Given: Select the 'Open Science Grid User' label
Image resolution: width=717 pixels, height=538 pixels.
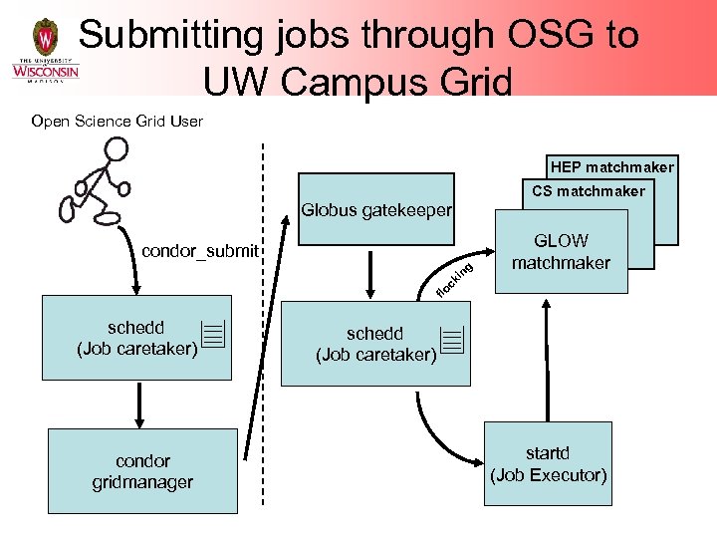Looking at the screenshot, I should tap(117, 122).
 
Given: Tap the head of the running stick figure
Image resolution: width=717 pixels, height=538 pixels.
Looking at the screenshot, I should tap(117, 149).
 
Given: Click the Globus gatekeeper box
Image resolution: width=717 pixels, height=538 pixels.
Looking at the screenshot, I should tap(375, 210).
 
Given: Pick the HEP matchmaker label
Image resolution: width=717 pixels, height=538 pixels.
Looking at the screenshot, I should tap(611, 167).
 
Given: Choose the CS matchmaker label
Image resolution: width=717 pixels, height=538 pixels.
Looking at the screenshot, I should tap(588, 191).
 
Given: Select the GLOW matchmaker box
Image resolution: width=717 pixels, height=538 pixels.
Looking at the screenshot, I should tap(561, 252).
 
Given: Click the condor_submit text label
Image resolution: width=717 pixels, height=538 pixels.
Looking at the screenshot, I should tap(199, 250).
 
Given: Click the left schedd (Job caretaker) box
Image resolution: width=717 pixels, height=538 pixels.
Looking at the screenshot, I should tap(136, 338).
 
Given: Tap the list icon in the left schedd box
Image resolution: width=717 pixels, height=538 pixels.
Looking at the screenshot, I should tap(211, 336).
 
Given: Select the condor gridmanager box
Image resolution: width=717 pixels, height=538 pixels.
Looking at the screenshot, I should tap(142, 471).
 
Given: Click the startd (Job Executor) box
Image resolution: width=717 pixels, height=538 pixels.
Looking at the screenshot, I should tap(548, 465).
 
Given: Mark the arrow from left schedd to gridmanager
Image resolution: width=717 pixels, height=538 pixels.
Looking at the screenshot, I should tap(139, 404).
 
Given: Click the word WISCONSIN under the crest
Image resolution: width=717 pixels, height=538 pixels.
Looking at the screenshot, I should tap(45, 72).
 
